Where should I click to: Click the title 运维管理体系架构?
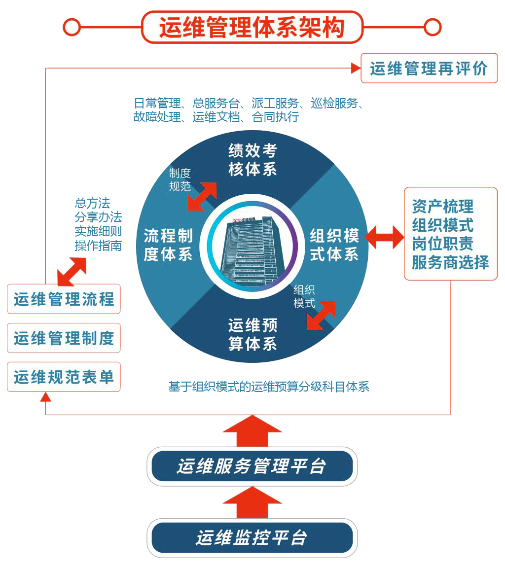click(252, 28)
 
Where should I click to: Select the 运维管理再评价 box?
click(429, 68)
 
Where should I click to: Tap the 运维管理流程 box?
click(64, 299)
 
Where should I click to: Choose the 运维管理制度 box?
click(64, 338)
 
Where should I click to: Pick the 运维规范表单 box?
click(64, 377)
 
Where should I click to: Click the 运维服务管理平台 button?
click(252, 466)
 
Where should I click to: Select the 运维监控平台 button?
click(252, 537)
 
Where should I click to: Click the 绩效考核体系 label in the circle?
click(252, 160)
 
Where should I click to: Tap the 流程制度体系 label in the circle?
click(168, 245)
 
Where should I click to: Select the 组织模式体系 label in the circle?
click(334, 245)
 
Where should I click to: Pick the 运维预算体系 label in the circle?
click(252, 334)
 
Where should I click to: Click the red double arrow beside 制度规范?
click(202, 196)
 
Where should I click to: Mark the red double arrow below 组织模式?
click(321, 315)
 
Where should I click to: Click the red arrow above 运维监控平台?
click(252, 502)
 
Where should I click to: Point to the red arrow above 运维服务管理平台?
click(252, 430)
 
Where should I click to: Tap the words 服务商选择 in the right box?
click(450, 262)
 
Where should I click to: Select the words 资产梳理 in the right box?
click(442, 206)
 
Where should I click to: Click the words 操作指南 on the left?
click(98, 245)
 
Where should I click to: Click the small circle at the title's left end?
click(72, 27)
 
